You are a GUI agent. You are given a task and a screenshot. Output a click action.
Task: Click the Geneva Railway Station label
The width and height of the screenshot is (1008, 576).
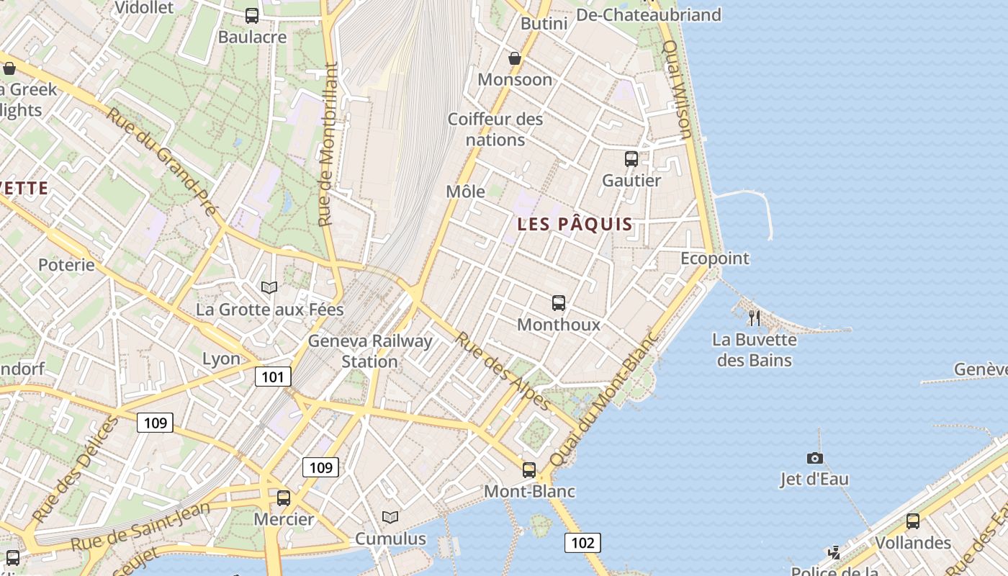click(x=370, y=351)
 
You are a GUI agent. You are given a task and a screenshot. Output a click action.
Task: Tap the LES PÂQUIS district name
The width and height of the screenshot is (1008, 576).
click(x=575, y=224)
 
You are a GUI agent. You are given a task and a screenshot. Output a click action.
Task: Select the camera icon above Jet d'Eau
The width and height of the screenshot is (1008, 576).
click(x=814, y=458)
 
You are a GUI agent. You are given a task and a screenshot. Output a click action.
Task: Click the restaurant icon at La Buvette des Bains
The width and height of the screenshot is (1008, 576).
click(x=754, y=318)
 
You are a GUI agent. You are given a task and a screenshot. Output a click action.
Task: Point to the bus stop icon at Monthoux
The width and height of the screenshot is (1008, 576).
click(x=559, y=303)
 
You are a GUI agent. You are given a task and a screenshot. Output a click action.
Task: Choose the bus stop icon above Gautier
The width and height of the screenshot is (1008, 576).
click(x=631, y=159)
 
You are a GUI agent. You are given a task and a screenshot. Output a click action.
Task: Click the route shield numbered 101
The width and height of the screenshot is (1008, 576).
click(x=273, y=377)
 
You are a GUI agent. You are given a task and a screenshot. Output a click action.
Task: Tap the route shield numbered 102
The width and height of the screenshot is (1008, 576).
click(x=582, y=543)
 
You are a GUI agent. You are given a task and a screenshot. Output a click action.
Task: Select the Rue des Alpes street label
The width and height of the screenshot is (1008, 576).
click(x=503, y=371)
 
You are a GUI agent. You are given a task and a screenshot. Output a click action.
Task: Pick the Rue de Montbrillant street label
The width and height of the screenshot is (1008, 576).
click(x=328, y=144)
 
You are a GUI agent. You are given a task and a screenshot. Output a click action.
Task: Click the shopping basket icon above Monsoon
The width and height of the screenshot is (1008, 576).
click(x=515, y=58)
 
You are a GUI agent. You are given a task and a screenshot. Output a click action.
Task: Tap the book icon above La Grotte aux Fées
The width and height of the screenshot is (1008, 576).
click(x=269, y=288)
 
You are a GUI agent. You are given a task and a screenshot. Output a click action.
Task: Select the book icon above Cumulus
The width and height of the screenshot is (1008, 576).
click(x=390, y=517)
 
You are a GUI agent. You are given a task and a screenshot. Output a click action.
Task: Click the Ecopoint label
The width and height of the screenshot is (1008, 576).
click(x=715, y=258)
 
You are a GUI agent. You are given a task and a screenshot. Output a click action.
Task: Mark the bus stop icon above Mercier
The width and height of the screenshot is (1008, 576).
click(x=284, y=498)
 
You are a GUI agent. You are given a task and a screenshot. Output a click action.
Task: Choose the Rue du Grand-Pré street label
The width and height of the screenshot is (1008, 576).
click(x=161, y=162)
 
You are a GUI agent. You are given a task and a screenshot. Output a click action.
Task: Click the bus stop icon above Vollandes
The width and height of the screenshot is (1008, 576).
click(x=913, y=521)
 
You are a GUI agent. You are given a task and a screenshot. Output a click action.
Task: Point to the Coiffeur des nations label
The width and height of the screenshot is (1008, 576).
click(x=495, y=129)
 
